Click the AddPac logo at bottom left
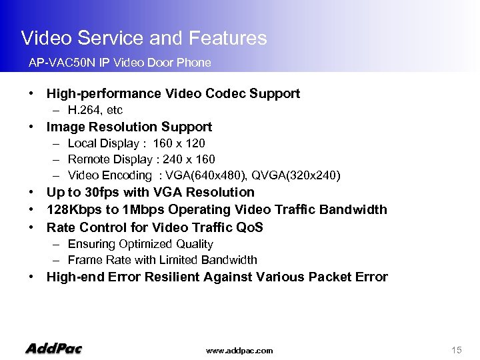click(x=53, y=348)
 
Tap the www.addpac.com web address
click(x=239, y=351)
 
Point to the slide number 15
click(x=457, y=350)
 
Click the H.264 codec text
click(x=83, y=110)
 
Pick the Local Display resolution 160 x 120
click(x=179, y=143)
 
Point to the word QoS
click(x=248, y=227)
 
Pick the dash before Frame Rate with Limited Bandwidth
click(x=58, y=260)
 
